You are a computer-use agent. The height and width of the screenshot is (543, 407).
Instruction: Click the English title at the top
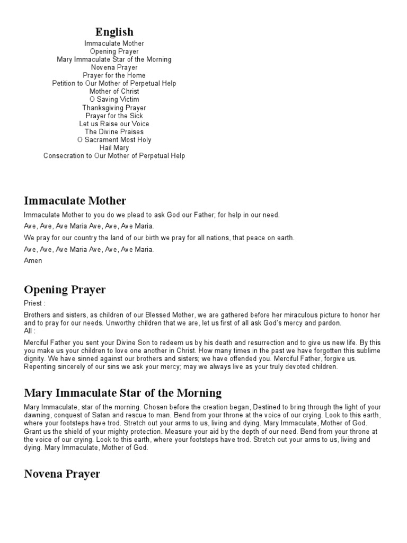[114, 32]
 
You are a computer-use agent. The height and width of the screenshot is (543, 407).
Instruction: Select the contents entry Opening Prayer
[114, 51]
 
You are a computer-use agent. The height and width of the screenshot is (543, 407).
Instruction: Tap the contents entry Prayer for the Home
[114, 75]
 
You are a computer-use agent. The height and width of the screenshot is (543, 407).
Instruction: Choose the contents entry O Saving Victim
[114, 99]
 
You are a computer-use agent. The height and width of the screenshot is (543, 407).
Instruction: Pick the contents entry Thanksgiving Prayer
[114, 108]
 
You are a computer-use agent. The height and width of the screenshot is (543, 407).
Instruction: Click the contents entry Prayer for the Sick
[114, 116]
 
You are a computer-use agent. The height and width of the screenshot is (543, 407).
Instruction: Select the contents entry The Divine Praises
[114, 132]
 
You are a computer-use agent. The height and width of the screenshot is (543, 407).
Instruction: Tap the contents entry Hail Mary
[114, 148]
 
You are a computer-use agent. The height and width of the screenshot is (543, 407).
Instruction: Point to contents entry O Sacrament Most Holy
[114, 140]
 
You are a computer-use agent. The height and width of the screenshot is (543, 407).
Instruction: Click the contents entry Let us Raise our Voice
[114, 124]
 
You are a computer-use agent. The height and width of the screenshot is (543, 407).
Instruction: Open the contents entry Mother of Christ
[114, 91]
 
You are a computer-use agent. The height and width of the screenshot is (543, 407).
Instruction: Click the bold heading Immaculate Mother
[75, 200]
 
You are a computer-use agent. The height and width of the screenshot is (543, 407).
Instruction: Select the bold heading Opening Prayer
[65, 290]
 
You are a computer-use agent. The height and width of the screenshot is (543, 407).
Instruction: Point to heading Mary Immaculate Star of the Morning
[123, 393]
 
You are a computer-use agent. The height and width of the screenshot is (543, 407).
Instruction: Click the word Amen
[33, 261]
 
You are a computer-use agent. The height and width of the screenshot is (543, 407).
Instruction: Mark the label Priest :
[34, 304]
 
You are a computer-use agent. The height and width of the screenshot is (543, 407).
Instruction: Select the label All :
[30, 331]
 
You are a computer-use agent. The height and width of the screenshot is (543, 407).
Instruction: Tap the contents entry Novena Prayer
[114, 67]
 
